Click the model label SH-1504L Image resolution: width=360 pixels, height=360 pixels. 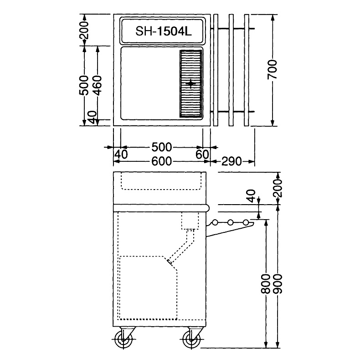tap(163, 31)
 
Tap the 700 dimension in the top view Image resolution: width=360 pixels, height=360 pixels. tap(273, 70)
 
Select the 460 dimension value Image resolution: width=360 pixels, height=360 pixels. tap(98, 85)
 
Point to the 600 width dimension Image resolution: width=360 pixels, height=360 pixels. tap(162, 161)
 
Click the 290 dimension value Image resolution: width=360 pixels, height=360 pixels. tap(231, 161)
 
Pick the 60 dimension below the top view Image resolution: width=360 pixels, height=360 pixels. tap(202, 154)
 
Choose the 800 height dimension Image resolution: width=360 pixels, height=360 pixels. tap(266, 284)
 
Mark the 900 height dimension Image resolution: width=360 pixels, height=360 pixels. tap(278, 284)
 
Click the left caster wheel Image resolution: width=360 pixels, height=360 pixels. tap(124, 339)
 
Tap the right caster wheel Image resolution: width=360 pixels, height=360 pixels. tap(191, 339)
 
